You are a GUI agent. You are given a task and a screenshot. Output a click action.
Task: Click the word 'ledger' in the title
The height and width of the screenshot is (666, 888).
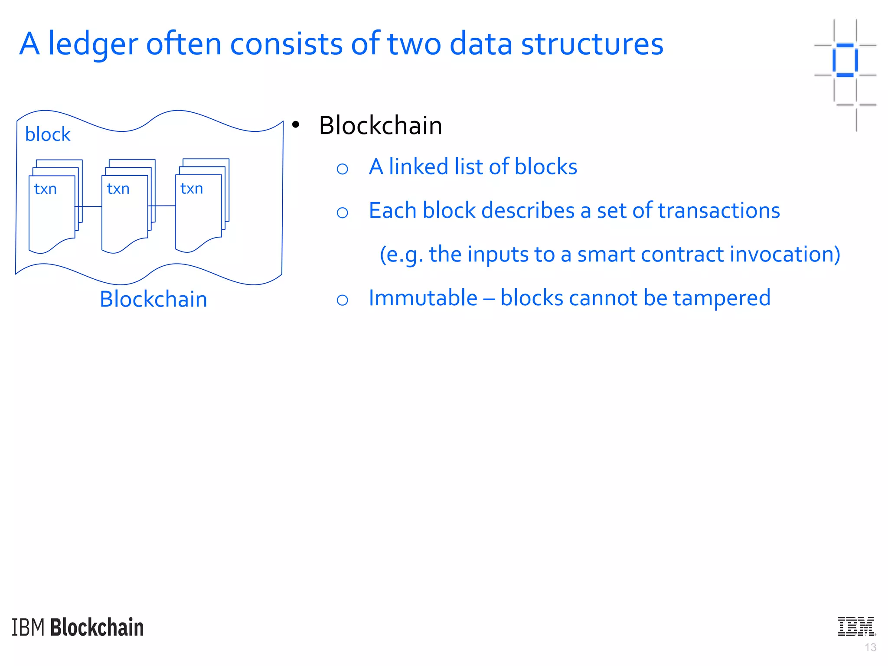[x=93, y=44]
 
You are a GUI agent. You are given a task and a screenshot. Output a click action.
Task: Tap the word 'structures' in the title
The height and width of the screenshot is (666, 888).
[x=591, y=44]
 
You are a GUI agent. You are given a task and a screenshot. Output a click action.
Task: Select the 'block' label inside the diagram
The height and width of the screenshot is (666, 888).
[x=48, y=134]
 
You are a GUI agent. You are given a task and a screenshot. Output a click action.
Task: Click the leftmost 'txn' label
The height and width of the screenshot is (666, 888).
[x=46, y=189]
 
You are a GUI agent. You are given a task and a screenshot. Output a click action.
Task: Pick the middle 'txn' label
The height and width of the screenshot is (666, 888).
[x=118, y=189]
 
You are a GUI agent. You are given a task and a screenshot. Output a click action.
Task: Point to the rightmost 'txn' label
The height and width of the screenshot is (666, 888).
[x=192, y=189]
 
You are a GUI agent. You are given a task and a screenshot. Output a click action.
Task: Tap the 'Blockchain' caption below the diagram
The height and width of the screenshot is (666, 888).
[x=153, y=299]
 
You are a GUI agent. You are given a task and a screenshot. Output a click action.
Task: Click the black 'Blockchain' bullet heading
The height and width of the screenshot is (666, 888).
[x=380, y=126]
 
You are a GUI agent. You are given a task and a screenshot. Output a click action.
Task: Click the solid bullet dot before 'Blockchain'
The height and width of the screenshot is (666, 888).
[x=296, y=125]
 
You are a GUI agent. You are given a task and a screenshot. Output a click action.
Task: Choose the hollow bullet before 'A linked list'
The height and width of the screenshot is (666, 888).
[x=342, y=169]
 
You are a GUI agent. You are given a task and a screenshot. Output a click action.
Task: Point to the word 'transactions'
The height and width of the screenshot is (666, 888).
[x=718, y=211]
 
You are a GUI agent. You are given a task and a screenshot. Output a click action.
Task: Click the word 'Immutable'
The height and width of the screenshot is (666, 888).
[x=423, y=298]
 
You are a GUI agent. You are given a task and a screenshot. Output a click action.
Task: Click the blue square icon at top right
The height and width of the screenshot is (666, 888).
[x=845, y=60]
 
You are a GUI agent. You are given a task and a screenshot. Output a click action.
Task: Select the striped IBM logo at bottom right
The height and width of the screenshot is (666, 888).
[x=856, y=627]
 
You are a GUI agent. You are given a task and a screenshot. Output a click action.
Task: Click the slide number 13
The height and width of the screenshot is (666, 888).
[x=870, y=648]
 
